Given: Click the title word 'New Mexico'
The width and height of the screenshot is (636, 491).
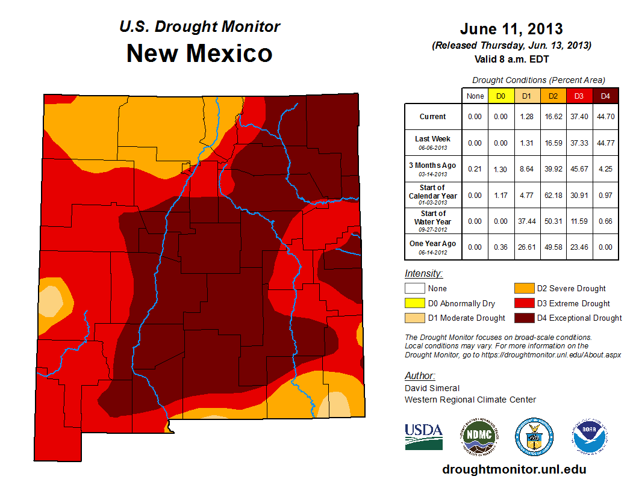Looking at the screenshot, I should click(x=199, y=54).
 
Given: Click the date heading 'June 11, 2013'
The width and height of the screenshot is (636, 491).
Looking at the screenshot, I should click(x=511, y=28).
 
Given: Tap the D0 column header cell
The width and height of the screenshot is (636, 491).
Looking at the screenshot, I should click(x=500, y=96).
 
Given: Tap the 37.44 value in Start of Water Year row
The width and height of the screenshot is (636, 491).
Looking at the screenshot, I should click(x=526, y=221).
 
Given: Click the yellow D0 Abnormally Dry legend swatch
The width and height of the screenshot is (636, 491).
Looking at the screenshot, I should click(x=414, y=303).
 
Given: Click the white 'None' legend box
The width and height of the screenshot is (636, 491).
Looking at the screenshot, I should click(x=414, y=289).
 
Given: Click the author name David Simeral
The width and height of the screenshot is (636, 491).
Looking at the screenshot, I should click(x=432, y=388).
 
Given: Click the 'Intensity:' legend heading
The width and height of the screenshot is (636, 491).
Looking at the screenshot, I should click(x=423, y=273).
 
